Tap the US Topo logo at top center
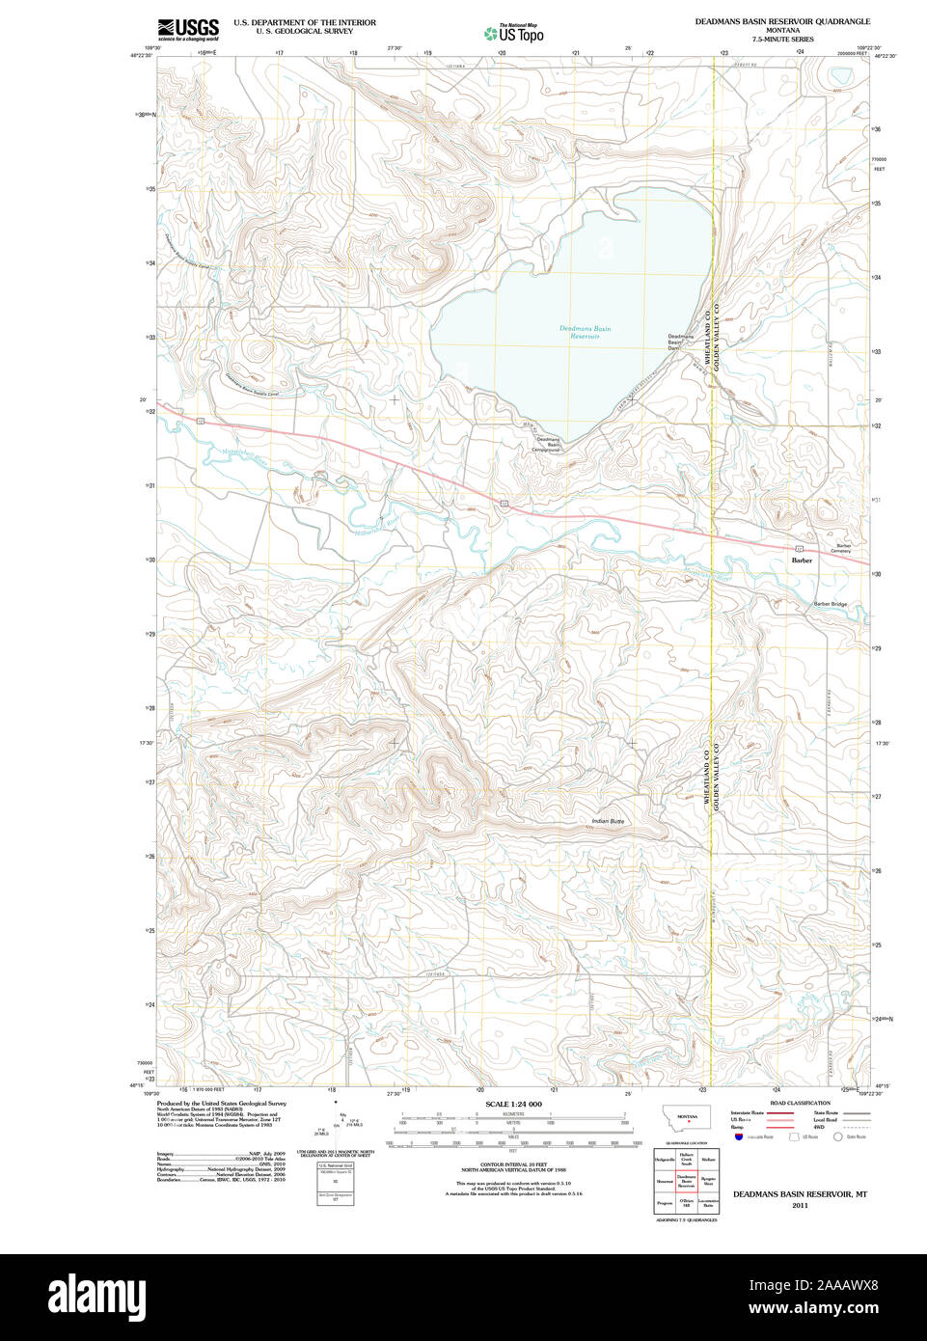tap(514, 33)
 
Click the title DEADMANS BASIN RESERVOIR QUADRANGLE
tap(782, 21)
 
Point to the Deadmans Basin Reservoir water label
tap(585, 332)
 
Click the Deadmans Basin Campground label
tap(547, 444)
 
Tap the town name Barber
tap(802, 560)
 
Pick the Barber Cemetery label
tap(843, 548)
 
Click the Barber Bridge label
tap(830, 604)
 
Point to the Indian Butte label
tap(608, 821)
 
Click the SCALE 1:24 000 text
tap(513, 1104)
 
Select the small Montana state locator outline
tap(687, 1117)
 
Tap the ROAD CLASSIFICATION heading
tap(800, 1103)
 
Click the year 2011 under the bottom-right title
tap(799, 1205)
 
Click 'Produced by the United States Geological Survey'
tap(221, 1104)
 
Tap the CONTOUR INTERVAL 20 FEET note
tap(513, 1164)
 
